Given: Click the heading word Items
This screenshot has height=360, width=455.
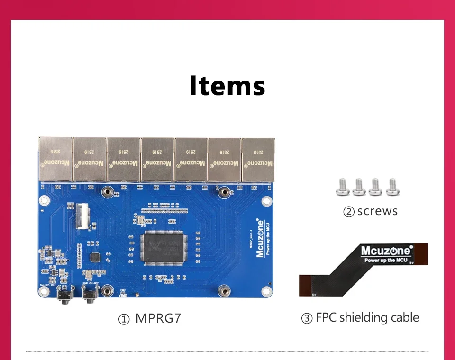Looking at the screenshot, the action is (227, 86).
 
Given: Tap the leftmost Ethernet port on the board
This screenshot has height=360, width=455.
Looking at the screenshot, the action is (55, 159).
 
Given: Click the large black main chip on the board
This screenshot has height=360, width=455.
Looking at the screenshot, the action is (164, 248).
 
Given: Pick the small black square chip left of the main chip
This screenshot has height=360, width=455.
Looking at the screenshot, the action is (96, 257).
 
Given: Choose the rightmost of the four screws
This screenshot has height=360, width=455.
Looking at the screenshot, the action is (392, 188).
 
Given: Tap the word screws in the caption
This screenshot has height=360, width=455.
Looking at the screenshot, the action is (377, 211).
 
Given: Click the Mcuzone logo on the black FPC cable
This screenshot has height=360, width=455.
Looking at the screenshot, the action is (386, 251).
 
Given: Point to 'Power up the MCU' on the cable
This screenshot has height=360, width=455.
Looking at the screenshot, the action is (386, 260).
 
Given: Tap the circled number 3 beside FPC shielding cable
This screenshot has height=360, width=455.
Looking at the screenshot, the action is (307, 318).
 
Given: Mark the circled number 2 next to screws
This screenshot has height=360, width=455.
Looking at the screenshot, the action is (349, 212).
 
